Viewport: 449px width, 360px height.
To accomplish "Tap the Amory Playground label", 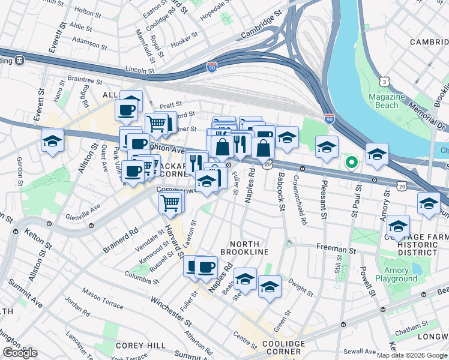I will (396, 274).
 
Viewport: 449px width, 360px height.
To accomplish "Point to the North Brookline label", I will (239, 248).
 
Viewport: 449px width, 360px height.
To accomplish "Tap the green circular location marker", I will (352, 161).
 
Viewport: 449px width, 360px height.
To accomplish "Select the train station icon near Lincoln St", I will (19, 60).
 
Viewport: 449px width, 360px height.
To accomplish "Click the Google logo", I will (20, 353).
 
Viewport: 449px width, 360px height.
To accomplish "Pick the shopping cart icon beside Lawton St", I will (170, 203).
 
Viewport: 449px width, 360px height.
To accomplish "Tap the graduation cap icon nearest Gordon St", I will (52, 141).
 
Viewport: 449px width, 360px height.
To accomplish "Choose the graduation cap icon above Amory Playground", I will (398, 227).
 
